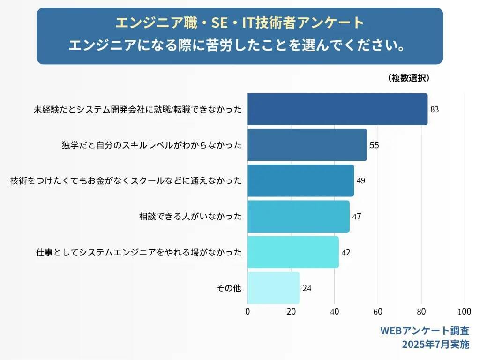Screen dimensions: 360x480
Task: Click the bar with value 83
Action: (x=337, y=109)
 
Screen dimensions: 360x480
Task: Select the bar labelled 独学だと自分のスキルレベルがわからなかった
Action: (x=307, y=145)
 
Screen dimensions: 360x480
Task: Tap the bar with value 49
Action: (x=300, y=180)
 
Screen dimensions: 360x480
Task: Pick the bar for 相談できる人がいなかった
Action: (x=298, y=217)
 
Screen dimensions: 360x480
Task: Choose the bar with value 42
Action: (x=293, y=252)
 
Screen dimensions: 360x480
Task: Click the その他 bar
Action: (x=273, y=288)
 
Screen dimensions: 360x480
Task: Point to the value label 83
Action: (x=435, y=110)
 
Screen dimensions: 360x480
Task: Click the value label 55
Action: (x=374, y=145)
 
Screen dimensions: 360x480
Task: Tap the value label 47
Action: (x=357, y=217)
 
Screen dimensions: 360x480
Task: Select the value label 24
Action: (x=307, y=288)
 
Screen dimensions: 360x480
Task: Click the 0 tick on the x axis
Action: (x=247, y=312)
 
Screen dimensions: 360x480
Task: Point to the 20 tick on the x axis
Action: (x=291, y=312)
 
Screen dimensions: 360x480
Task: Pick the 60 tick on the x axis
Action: (x=378, y=312)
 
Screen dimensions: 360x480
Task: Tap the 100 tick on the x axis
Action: (x=465, y=312)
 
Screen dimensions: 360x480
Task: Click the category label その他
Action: (x=229, y=288)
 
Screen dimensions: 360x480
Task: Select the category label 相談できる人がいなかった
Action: (x=190, y=217)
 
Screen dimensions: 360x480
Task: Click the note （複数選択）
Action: (x=409, y=78)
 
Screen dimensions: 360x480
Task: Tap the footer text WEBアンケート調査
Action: (x=424, y=331)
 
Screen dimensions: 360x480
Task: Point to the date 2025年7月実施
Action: (x=435, y=345)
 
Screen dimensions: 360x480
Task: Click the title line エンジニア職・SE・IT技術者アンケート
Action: (x=240, y=22)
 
